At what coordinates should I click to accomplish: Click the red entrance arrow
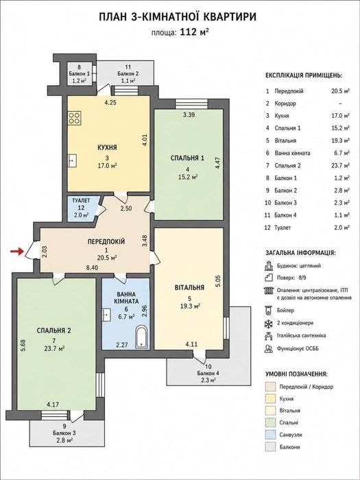click(17, 252)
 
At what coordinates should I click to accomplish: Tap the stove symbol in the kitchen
click(74, 118)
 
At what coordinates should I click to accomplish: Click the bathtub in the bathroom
click(142, 337)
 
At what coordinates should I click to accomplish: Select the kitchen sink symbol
click(72, 160)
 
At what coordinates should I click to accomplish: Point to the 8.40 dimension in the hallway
click(92, 268)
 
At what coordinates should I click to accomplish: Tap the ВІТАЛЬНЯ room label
click(189, 288)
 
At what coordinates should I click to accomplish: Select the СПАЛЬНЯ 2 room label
click(54, 331)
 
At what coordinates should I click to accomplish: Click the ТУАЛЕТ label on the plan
click(81, 201)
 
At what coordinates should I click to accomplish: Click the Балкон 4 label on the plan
click(208, 373)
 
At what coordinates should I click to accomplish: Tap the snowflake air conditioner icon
click(268, 323)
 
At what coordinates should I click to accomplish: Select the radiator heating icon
click(268, 290)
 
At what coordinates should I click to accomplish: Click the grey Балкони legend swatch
click(270, 447)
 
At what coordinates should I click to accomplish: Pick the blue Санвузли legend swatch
click(270, 435)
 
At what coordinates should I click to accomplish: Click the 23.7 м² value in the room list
click(342, 166)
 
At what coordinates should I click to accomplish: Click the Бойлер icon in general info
click(268, 311)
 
